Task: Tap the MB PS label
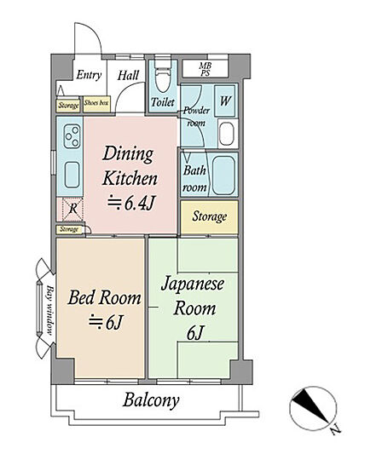pyautogui.click(x=205, y=70)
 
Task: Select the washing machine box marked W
pyautogui.click(x=224, y=101)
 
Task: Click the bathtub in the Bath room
pyautogui.click(x=223, y=175)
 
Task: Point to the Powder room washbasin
pyautogui.click(x=227, y=134)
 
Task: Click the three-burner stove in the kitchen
pyautogui.click(x=72, y=136)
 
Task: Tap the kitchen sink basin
pyautogui.click(x=72, y=175)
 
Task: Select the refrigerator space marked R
pyautogui.click(x=72, y=209)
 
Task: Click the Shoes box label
pyautogui.click(x=96, y=103)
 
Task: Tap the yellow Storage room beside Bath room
pyautogui.click(x=209, y=217)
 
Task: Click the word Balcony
pyautogui.click(x=151, y=400)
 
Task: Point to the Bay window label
pyautogui.click(x=50, y=310)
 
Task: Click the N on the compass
pyautogui.click(x=335, y=431)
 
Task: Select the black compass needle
pyautogui.click(x=310, y=406)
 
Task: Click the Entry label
pyautogui.click(x=89, y=75)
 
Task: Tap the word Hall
pyautogui.click(x=128, y=75)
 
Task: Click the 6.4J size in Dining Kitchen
pyautogui.click(x=131, y=203)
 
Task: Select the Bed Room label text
pyautogui.click(x=105, y=297)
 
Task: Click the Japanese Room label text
pyautogui.click(x=194, y=296)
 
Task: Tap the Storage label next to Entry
pyautogui.click(x=68, y=105)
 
